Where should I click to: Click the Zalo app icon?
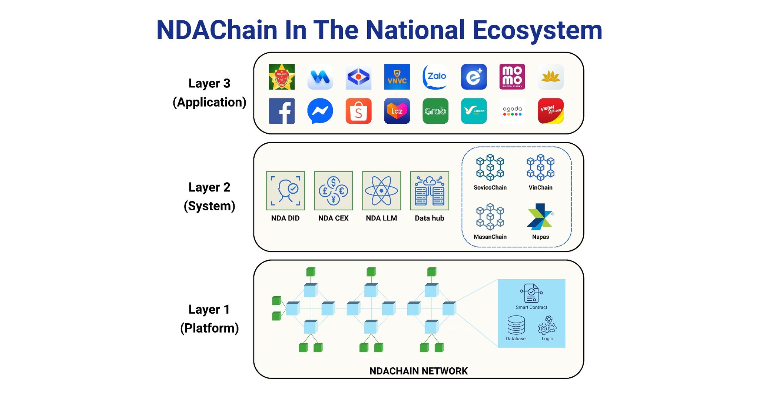[435, 77]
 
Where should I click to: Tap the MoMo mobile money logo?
[512, 77]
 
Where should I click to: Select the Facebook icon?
[282, 111]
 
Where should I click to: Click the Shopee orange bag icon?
[358, 111]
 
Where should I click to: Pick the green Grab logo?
[435, 111]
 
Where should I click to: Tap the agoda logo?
[512, 111]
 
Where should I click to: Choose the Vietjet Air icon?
[550, 111]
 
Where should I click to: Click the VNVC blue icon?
[397, 77]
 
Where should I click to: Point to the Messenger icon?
[320, 111]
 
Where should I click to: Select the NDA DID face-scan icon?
[285, 191]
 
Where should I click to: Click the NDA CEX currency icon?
[333, 191]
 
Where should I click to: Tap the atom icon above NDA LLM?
[381, 191]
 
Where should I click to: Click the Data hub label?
[429, 218]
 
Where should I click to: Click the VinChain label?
[540, 187]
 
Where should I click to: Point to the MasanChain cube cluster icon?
[490, 217]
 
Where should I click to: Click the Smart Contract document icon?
[531, 293]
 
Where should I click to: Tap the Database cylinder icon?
[516, 325]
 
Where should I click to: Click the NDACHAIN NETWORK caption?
[418, 371]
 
